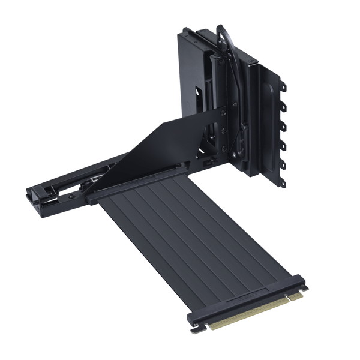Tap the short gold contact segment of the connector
coord(295,296)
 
